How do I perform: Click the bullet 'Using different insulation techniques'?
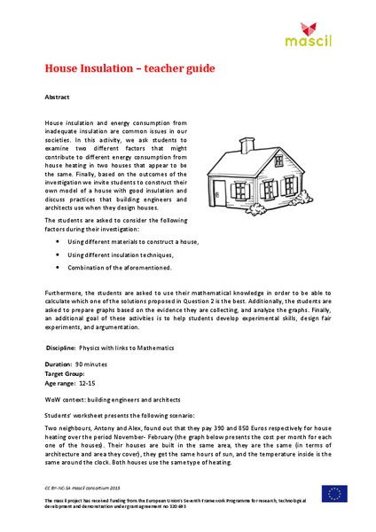tap(125, 254)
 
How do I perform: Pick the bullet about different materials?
tap(133, 242)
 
